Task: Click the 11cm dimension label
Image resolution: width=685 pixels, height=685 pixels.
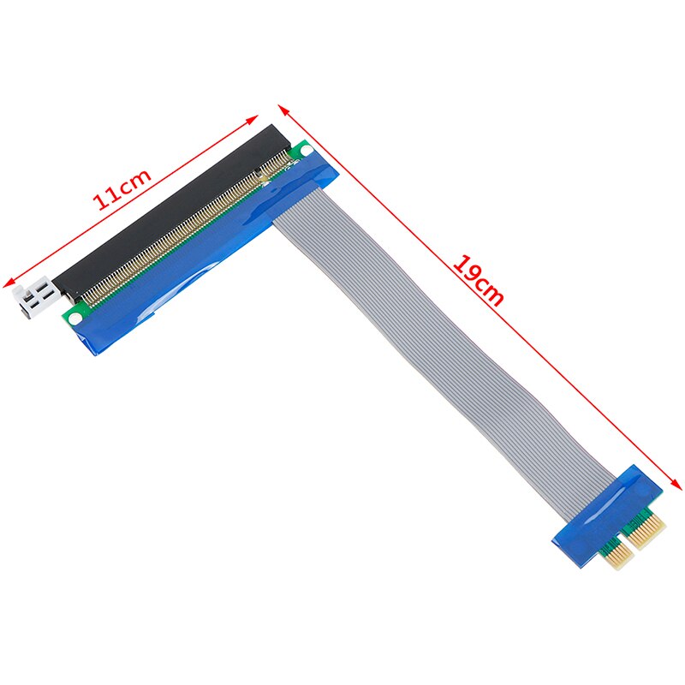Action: tap(122, 189)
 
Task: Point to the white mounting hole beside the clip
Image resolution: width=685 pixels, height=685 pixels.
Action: tap(74, 318)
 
